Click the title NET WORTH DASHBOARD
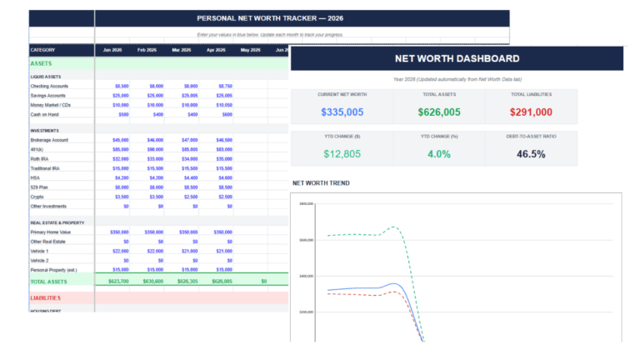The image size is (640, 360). click(457, 58)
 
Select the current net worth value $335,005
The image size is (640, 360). click(342, 112)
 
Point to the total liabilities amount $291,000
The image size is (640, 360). click(531, 112)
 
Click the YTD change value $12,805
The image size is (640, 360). click(342, 153)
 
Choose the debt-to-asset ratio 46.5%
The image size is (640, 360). click(531, 153)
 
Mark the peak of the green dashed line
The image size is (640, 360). click(394, 227)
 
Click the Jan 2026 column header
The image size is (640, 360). click(112, 50)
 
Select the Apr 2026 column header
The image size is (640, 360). click(216, 50)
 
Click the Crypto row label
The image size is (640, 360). click(37, 196)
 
